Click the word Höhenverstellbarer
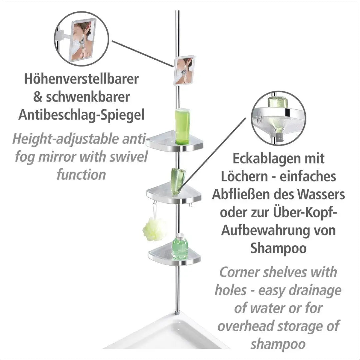[x=82, y=79]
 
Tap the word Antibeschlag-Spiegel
[x=81, y=115]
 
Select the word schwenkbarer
[x=88, y=97]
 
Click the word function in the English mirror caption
[x=81, y=174]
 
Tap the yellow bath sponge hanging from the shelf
[x=154, y=229]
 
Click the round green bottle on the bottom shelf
[x=180, y=247]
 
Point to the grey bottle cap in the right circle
[x=280, y=137]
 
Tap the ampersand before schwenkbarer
[x=38, y=97]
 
